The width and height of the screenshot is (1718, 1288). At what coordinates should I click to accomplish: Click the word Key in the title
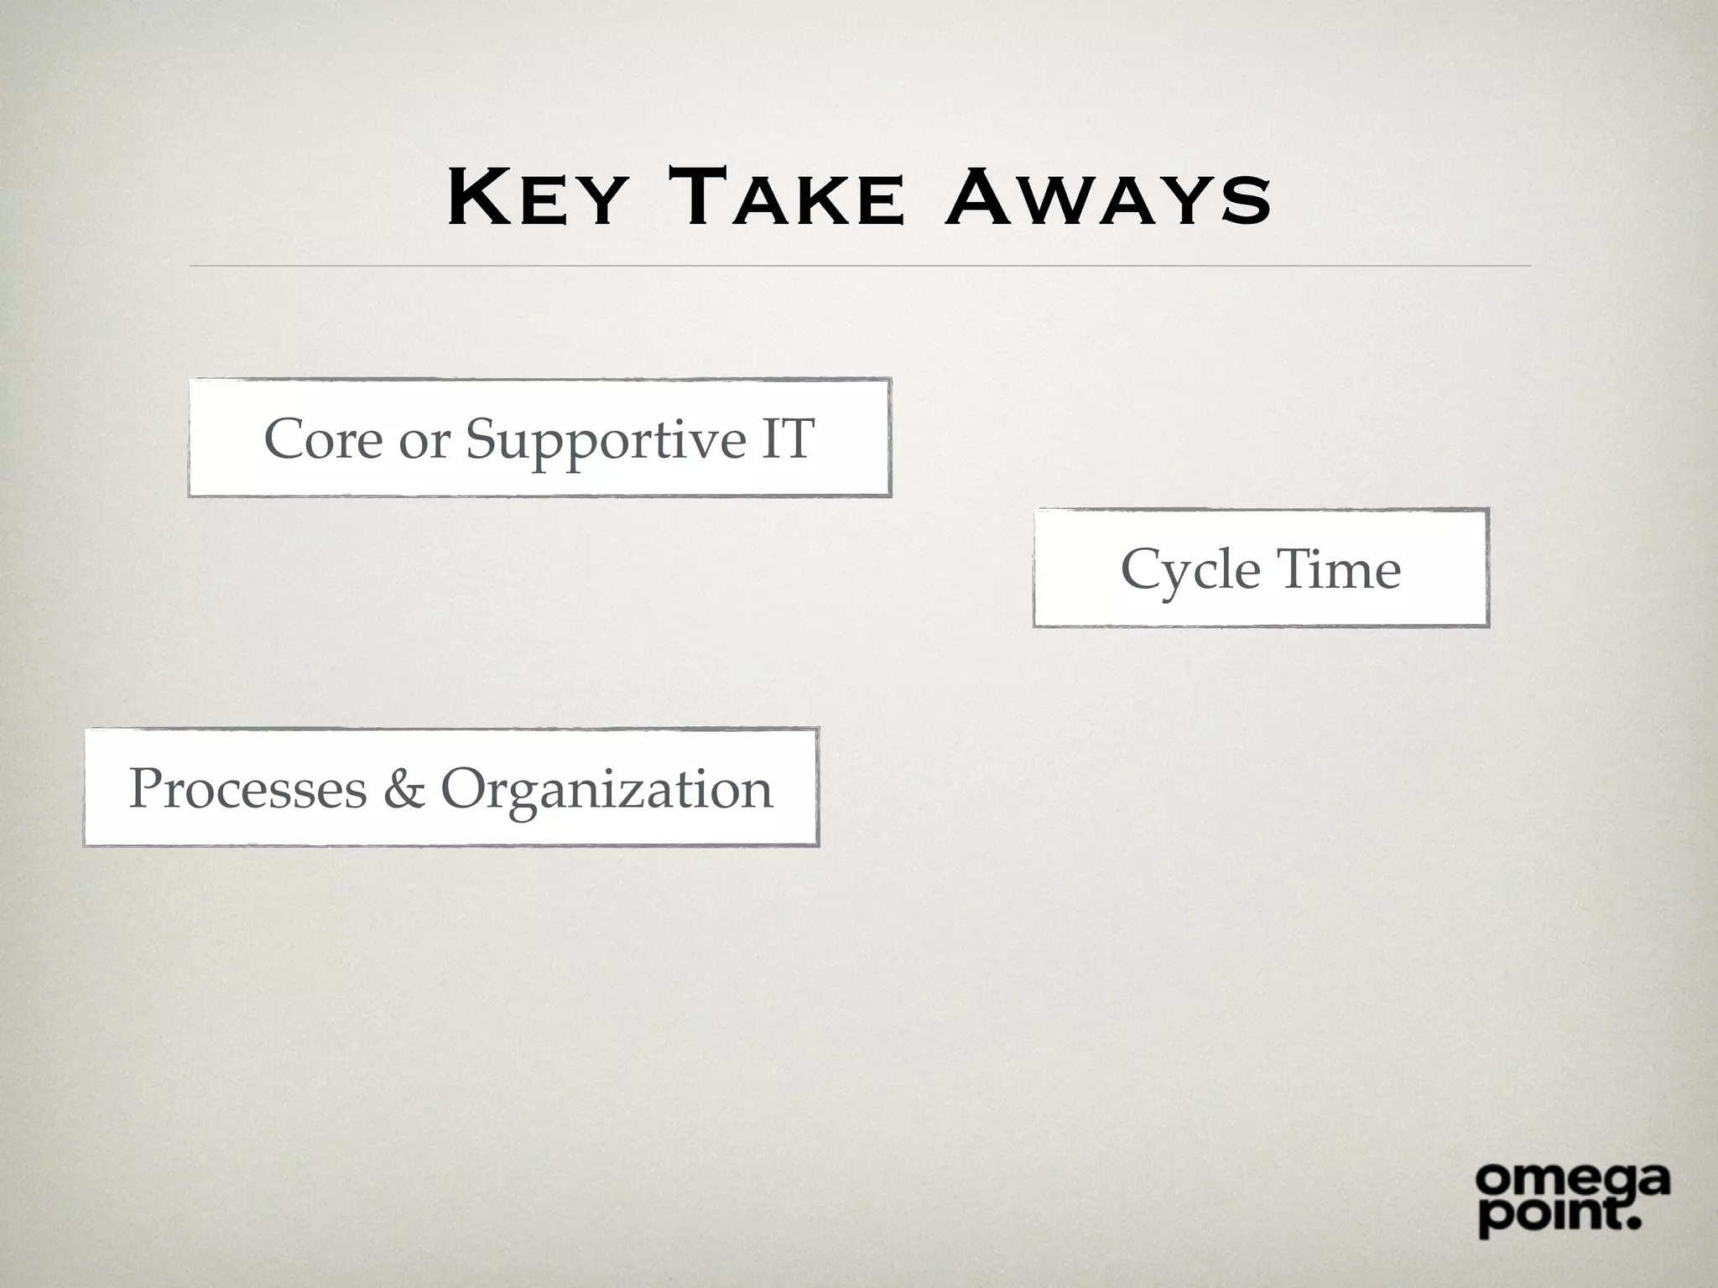[537, 199]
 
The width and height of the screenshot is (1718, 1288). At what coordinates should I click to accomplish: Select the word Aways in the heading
[1107, 199]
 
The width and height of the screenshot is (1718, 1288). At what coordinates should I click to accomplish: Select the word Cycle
[1190, 571]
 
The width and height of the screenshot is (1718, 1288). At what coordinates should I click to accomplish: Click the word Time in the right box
[1339, 569]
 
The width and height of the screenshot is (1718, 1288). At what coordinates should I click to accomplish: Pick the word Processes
[247, 789]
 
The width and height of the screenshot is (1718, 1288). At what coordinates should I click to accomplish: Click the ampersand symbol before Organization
[403, 789]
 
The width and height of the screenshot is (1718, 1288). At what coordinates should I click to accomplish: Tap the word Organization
[607, 791]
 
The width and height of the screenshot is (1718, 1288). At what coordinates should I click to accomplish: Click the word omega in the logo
[1572, 1182]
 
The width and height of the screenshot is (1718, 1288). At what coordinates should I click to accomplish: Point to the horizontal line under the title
[859, 266]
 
